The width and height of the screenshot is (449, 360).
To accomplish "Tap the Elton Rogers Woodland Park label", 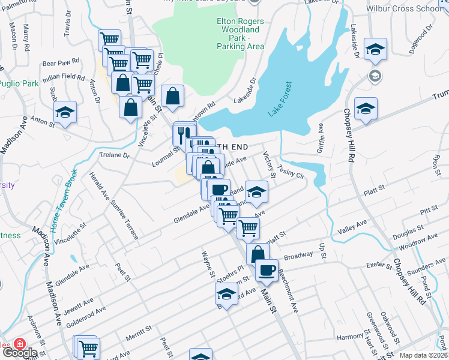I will [x=240, y=34].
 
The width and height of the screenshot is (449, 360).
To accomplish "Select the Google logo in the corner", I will [x=19, y=352].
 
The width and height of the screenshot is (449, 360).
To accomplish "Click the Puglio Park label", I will [x=17, y=83].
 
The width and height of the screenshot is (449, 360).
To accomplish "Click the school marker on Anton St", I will [x=65, y=112].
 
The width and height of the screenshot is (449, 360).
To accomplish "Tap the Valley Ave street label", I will [x=352, y=226].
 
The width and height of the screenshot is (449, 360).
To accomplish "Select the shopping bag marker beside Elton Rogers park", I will [x=172, y=96].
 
